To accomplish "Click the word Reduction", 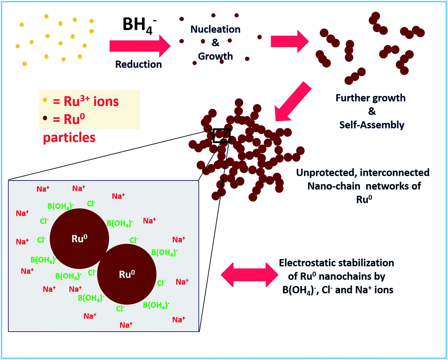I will point(138,64).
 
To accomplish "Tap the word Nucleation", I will point(215,29).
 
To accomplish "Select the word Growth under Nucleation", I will point(215,56).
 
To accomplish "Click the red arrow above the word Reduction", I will point(140,46).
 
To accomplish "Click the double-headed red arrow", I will point(249,275).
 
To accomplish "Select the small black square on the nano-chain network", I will point(221,136).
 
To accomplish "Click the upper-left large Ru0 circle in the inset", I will point(79,239).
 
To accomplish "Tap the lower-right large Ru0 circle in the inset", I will point(127,274).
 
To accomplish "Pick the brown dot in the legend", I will point(45,118).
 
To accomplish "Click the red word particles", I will point(69,138).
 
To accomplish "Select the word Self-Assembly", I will point(371,125).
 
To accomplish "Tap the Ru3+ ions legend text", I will point(86,101).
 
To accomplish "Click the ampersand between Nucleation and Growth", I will point(215,43).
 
